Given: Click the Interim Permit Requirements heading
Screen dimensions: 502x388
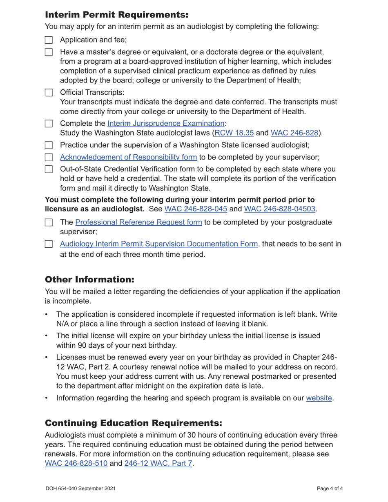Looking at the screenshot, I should [116, 15].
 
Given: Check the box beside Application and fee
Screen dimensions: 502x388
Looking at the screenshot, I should [49, 40].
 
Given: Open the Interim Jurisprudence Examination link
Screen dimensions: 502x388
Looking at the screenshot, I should [166, 123].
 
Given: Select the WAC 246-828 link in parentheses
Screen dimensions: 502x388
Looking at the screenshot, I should [294, 133].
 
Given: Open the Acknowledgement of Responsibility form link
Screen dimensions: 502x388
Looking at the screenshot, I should [128, 157].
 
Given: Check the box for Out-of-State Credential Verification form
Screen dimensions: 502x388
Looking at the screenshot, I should [49, 169].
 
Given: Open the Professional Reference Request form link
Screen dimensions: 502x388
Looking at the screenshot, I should [138, 222].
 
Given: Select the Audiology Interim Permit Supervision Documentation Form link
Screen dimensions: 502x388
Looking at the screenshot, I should [159, 244].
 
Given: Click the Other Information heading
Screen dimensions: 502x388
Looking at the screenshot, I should [89, 280].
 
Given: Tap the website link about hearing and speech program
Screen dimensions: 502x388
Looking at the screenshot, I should [319, 398].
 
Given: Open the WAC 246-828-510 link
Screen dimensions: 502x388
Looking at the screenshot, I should [76, 464].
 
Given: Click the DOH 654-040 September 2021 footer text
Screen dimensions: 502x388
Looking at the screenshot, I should [80, 488].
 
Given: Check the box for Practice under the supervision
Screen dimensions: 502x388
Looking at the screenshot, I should [49, 145].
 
